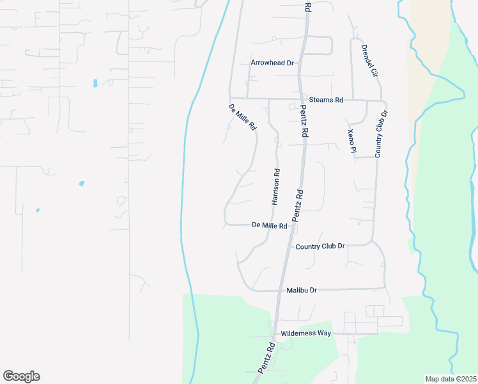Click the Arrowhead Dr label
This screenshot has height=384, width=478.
[x=272, y=63]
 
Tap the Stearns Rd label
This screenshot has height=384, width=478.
[x=326, y=100]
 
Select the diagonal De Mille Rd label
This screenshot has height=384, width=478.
[x=243, y=118]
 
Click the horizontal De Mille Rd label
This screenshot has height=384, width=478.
[x=269, y=225]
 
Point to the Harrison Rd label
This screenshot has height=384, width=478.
[x=276, y=187]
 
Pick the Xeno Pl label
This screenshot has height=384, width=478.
[x=351, y=141]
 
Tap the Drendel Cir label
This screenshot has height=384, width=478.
[x=369, y=61]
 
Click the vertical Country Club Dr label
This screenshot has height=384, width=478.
[x=381, y=133]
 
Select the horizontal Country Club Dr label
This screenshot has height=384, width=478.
[x=320, y=246]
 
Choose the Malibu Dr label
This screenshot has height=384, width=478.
[x=302, y=290]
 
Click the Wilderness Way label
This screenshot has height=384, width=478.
[x=306, y=333]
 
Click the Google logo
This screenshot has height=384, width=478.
[x=21, y=376]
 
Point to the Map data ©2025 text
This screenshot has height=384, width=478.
[x=450, y=379]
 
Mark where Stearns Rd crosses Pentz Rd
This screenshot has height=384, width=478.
[x=301, y=99]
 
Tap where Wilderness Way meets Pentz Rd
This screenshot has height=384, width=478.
[x=275, y=333]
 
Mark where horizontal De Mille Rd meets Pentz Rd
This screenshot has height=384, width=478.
[x=292, y=225]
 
